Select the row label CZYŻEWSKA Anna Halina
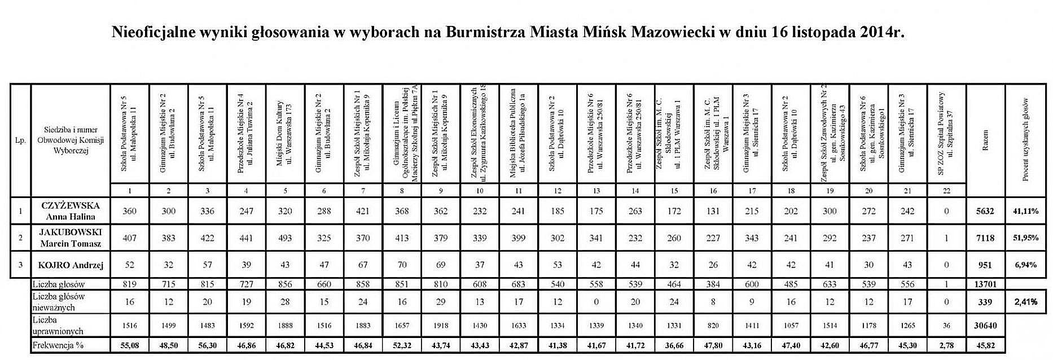pos(71,211)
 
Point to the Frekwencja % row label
pos(58,345)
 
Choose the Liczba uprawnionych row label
pos(58,326)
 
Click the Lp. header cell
pos(21,140)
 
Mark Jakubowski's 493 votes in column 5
pos(286,238)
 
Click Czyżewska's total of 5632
pos(985,211)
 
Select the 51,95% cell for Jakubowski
pos(1025,238)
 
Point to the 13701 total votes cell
pos(985,284)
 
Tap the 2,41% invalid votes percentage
pos(1025,302)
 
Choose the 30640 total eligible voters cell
pos(985,326)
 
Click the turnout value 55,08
pos(130,345)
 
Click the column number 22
pos(946,191)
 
